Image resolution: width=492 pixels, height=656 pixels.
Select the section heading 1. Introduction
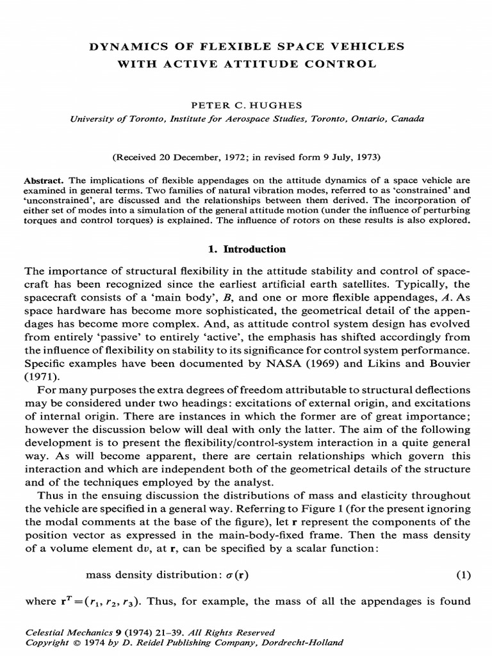tap(245, 249)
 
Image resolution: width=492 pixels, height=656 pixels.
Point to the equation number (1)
tap(463, 575)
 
